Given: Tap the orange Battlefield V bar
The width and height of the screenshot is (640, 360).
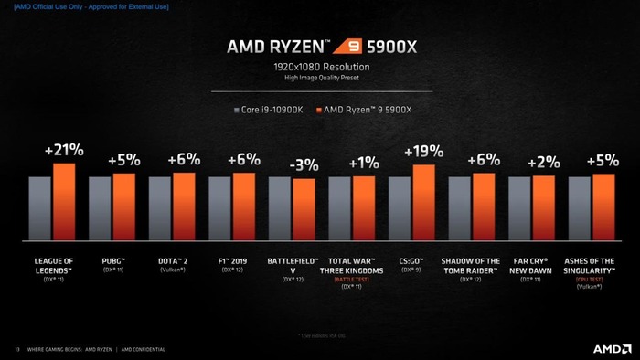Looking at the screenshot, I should (304, 209).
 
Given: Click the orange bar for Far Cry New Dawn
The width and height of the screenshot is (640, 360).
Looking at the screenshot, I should (544, 208).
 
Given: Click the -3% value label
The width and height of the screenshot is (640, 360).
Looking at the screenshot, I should (304, 165).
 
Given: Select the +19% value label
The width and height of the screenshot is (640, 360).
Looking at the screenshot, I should (423, 152).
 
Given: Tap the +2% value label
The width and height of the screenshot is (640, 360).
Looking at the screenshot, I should (544, 163).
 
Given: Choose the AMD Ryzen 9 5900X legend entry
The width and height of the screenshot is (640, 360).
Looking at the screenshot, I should (363, 110).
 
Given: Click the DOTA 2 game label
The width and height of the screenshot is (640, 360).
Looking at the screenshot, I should (172, 261).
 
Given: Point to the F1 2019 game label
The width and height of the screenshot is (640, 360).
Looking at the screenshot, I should (232, 261).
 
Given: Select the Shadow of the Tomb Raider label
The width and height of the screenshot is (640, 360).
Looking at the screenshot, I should (471, 265).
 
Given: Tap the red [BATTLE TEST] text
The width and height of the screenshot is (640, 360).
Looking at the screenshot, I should (352, 279).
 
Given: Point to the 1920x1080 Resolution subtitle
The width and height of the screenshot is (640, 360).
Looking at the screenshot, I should (320, 67).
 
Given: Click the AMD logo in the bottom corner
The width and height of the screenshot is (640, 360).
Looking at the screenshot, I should (612, 349).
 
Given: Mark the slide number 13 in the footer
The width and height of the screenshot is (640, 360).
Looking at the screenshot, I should (16, 349).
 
